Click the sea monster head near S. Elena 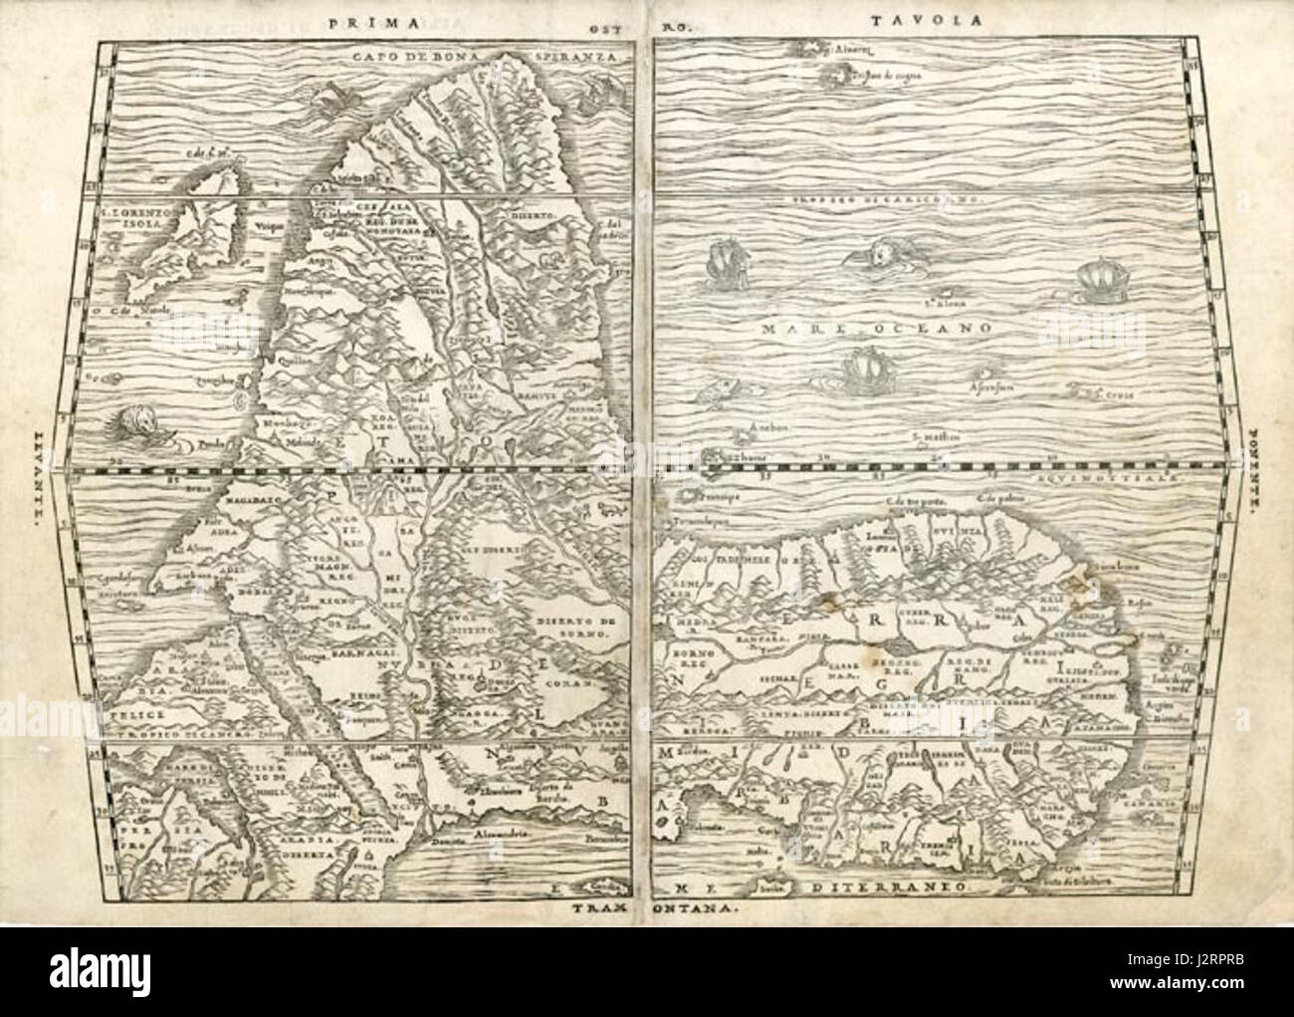[873, 255]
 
